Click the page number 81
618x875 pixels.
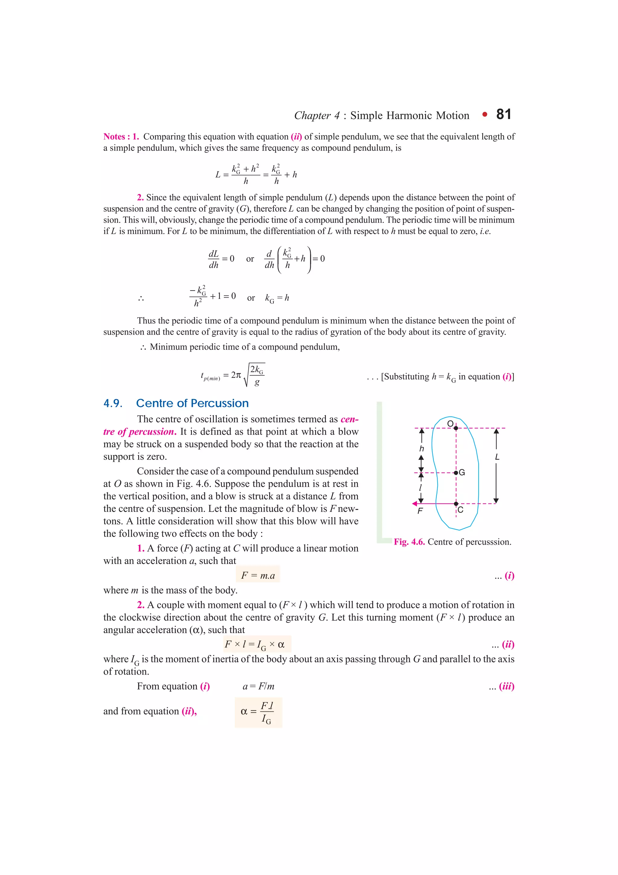coord(503,114)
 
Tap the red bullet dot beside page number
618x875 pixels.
coord(484,114)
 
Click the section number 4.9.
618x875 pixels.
coord(113,403)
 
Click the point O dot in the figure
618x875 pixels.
coord(456,428)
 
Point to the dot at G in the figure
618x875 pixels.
coord(456,473)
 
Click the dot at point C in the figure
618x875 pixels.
coord(456,504)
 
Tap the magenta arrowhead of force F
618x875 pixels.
coord(415,504)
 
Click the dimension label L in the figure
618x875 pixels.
coord(497,457)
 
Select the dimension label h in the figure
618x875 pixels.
coord(421,449)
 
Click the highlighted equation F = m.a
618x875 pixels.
coord(258,575)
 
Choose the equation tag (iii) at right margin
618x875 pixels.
coord(506,686)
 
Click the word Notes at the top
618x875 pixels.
coord(114,136)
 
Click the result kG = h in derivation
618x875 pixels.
coord(277,298)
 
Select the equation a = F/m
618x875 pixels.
coord(258,686)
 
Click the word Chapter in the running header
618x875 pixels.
coord(312,115)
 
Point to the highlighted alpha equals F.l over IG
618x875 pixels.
coord(258,712)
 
